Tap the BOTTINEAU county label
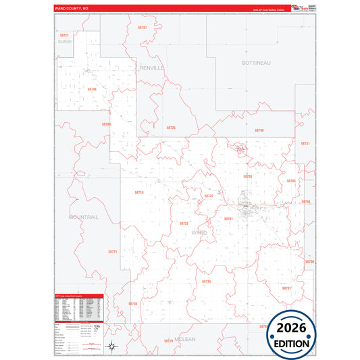point(256,62)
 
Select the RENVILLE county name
point(152,68)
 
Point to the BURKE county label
point(64,41)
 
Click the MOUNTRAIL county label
point(83,217)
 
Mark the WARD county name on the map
point(199,232)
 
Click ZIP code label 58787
point(142,28)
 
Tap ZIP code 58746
point(92,88)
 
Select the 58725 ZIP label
point(171,127)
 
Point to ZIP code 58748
point(259,130)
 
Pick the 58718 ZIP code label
point(139,192)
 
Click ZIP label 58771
point(113,251)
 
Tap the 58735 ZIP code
point(206,281)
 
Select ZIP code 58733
point(184,223)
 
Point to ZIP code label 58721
point(64,34)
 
